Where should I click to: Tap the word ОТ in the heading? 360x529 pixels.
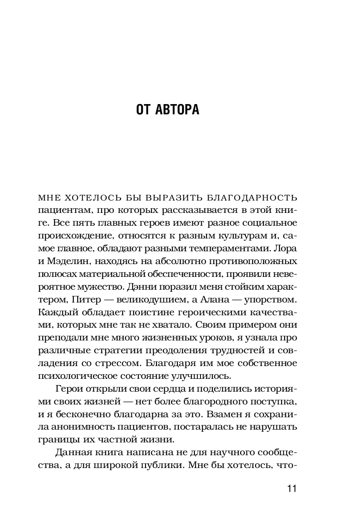pyautogui.click(x=143, y=110)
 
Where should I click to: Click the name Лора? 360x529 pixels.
pyautogui.click(x=287, y=248)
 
